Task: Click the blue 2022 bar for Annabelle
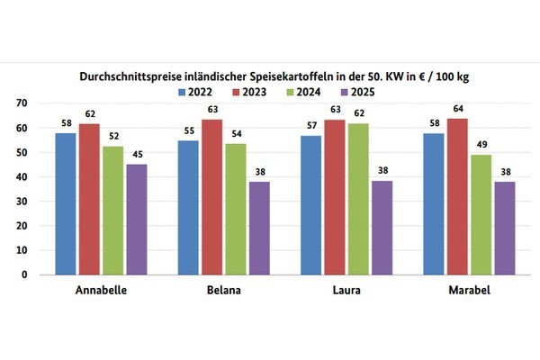(66, 203)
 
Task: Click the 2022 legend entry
(199, 91)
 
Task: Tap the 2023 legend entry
(256, 91)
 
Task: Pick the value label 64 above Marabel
(457, 111)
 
